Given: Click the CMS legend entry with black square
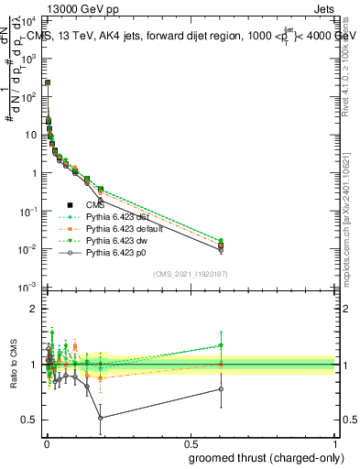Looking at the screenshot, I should click(x=95, y=204).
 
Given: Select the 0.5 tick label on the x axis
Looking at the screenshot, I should click(x=191, y=444).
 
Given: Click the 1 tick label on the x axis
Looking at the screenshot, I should click(x=334, y=444).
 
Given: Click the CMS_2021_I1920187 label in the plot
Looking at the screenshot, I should click(x=190, y=274).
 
